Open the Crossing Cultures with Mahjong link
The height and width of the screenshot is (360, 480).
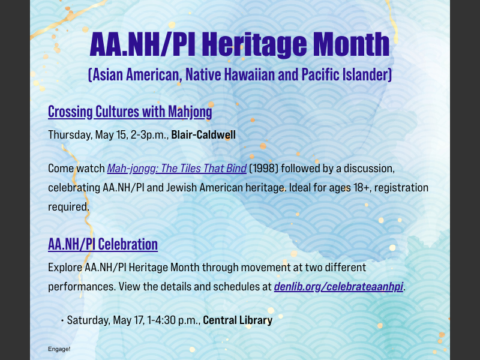pyautogui.click(x=130, y=112)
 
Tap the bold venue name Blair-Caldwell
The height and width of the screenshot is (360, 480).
pyautogui.click(x=203, y=134)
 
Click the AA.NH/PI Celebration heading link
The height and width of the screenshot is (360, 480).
pyautogui.click(x=103, y=244)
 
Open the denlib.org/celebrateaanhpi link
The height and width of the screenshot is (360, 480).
pyautogui.click(x=339, y=286)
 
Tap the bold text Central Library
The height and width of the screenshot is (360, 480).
pyautogui.click(x=238, y=320)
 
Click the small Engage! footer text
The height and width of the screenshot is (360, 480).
pyautogui.click(x=59, y=349)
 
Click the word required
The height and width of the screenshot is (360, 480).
pyautogui.click(x=68, y=206)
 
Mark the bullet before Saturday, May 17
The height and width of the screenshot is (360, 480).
pyautogui.click(x=62, y=320)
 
